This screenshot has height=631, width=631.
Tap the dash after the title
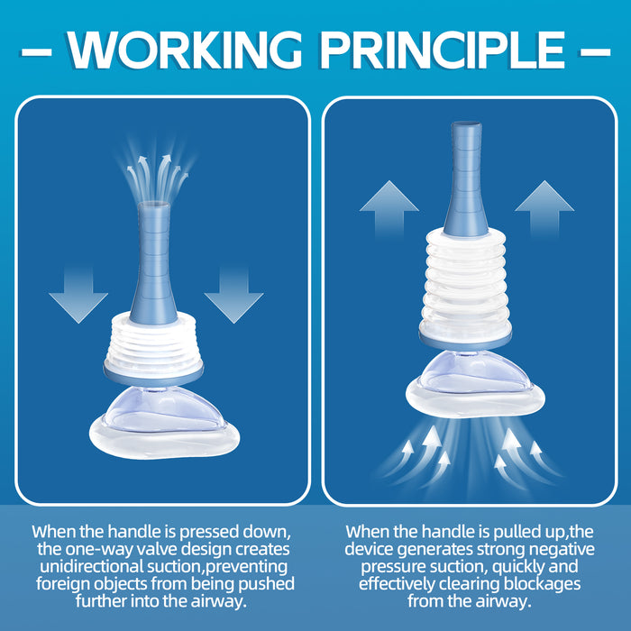click(596, 50)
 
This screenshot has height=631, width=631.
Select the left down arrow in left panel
click(78, 294)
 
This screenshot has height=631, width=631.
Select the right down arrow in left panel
click(233, 294)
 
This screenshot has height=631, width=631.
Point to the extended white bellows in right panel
click(466, 279)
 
